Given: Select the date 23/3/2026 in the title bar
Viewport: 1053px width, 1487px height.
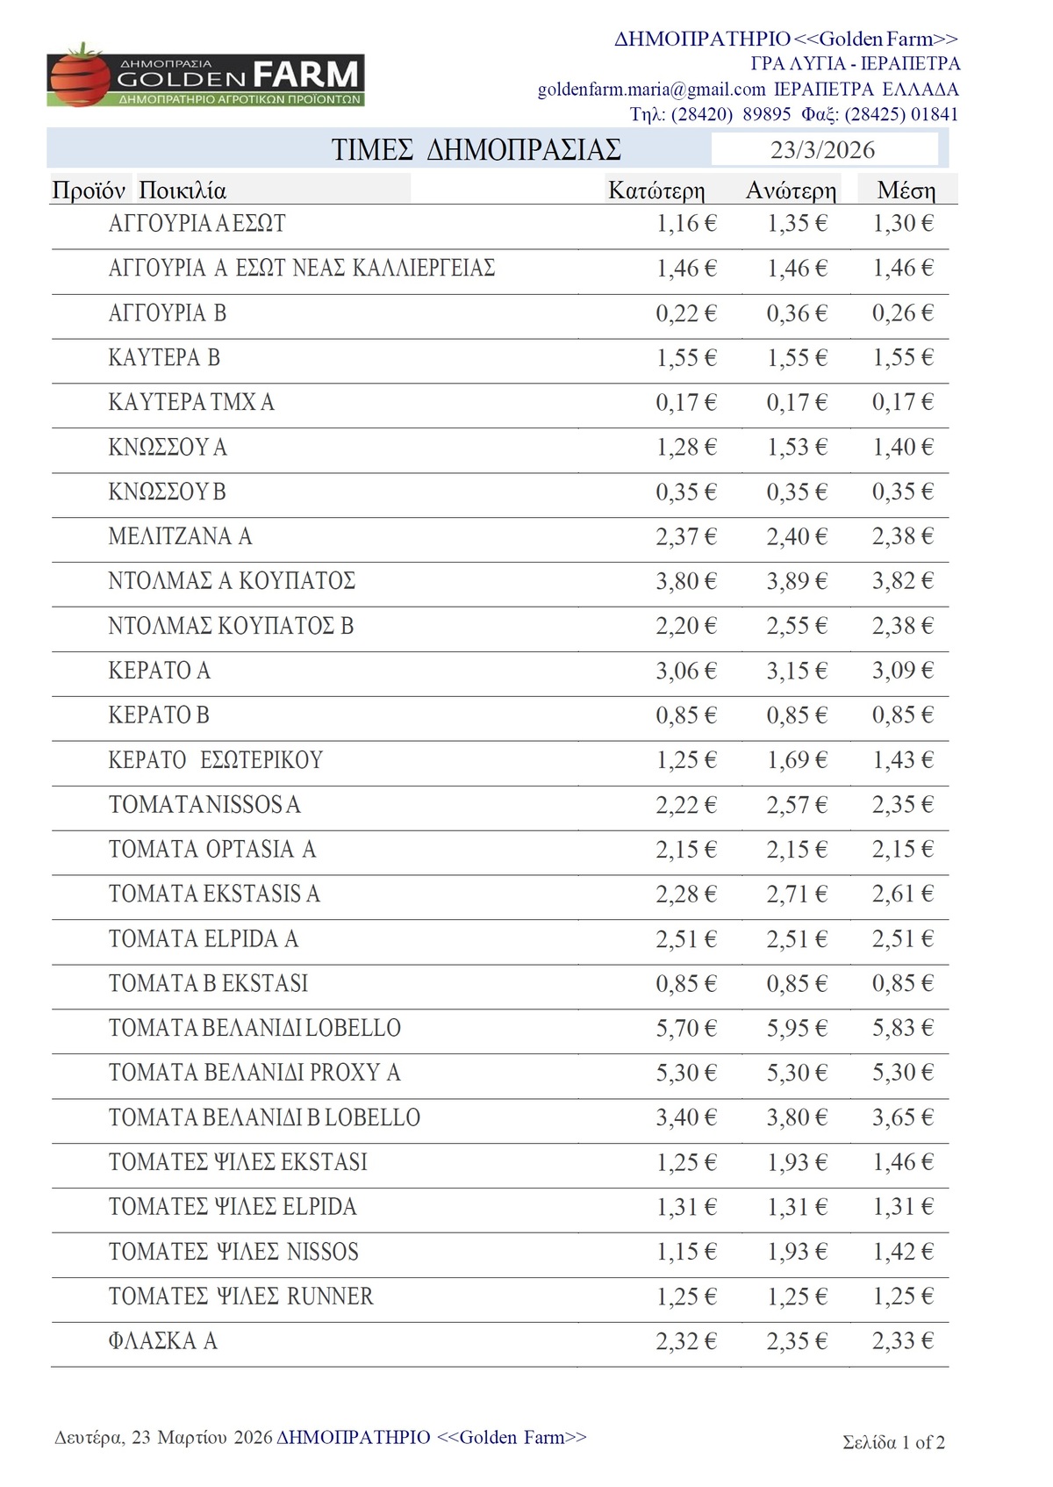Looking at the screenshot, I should coord(822,150).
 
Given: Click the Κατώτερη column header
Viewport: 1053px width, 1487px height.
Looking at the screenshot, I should coord(655,190).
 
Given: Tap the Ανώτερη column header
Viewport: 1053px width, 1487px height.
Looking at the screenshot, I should coord(791,190).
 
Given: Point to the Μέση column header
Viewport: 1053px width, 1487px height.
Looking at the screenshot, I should coord(906,190).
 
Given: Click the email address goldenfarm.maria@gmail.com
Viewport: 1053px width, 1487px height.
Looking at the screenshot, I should coord(651,90).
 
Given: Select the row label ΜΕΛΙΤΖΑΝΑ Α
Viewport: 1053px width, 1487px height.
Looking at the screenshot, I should coord(180,536).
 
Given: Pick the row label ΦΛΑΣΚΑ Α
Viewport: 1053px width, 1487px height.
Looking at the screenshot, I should coord(162,1341).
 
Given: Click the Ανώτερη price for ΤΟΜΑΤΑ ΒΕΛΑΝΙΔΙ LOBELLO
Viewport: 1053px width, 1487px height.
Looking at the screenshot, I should coord(797,1028).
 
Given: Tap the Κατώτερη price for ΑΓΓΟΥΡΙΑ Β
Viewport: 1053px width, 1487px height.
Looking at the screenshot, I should coord(686,313).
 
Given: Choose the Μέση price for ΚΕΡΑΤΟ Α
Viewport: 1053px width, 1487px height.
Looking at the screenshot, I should coord(902,671).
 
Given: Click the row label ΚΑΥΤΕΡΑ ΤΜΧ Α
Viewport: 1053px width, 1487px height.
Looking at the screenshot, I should coord(191,402).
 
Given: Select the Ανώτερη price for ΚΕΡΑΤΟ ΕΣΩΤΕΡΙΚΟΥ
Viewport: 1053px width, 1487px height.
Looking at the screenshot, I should coord(797,760).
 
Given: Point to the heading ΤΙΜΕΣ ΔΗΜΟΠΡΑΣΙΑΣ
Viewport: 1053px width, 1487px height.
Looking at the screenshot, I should coord(476,150).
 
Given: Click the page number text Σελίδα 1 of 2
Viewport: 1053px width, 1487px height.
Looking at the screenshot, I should coord(893,1442).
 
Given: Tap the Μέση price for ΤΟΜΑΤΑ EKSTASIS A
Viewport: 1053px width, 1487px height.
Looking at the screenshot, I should coord(902,894).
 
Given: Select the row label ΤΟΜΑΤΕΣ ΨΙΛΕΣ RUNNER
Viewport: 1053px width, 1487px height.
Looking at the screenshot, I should coord(240,1297).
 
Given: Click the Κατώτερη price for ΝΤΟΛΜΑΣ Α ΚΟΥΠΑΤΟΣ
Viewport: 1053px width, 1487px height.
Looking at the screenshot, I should coord(686,581).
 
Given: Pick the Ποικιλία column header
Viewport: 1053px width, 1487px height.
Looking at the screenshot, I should coord(183,190).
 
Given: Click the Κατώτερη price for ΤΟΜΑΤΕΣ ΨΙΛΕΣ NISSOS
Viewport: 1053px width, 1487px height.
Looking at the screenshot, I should coord(686,1252).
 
